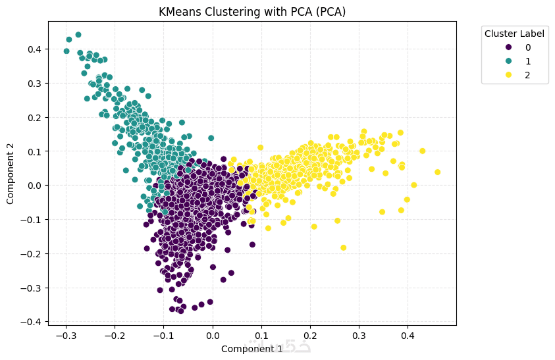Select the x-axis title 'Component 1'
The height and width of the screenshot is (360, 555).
tap(251, 349)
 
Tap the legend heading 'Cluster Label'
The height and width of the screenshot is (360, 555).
tap(515, 34)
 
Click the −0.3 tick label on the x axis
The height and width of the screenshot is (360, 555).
tap(65, 336)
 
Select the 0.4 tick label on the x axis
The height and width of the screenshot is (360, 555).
tap(408, 336)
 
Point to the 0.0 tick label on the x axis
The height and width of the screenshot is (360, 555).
tap(213, 336)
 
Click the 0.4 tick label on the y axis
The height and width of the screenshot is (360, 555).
tap(34, 49)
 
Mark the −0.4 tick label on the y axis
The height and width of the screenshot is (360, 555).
tap(32, 322)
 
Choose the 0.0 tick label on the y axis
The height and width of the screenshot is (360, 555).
tap(34, 186)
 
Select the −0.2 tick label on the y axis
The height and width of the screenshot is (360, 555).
tap(32, 253)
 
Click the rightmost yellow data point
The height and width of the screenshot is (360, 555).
tap(437, 172)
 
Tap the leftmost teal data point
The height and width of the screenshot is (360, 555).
tap(66, 51)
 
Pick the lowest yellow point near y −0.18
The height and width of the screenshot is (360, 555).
tap(343, 247)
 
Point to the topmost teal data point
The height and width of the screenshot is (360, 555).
tap(78, 35)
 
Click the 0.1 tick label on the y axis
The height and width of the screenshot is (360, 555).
tap(34, 151)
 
